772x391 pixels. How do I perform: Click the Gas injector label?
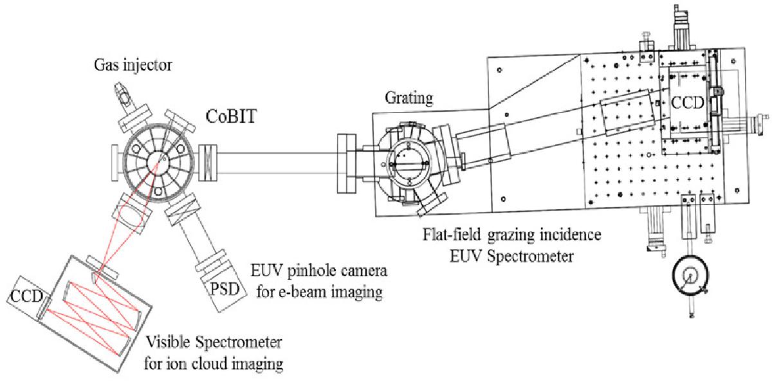pos(133,66)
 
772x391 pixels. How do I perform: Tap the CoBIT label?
pos(231,116)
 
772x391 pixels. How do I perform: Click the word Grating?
pos(409,98)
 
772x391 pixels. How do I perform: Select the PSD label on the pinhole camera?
pos(225,289)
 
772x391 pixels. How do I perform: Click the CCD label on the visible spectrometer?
pos(26,296)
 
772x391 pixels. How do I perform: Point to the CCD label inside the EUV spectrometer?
pos(688,102)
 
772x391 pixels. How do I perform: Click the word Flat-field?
pos(452,234)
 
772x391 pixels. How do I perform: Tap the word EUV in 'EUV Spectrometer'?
pos(466,257)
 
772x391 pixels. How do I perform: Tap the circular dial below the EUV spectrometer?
pos(690,275)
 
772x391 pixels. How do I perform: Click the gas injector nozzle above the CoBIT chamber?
pos(122,94)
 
